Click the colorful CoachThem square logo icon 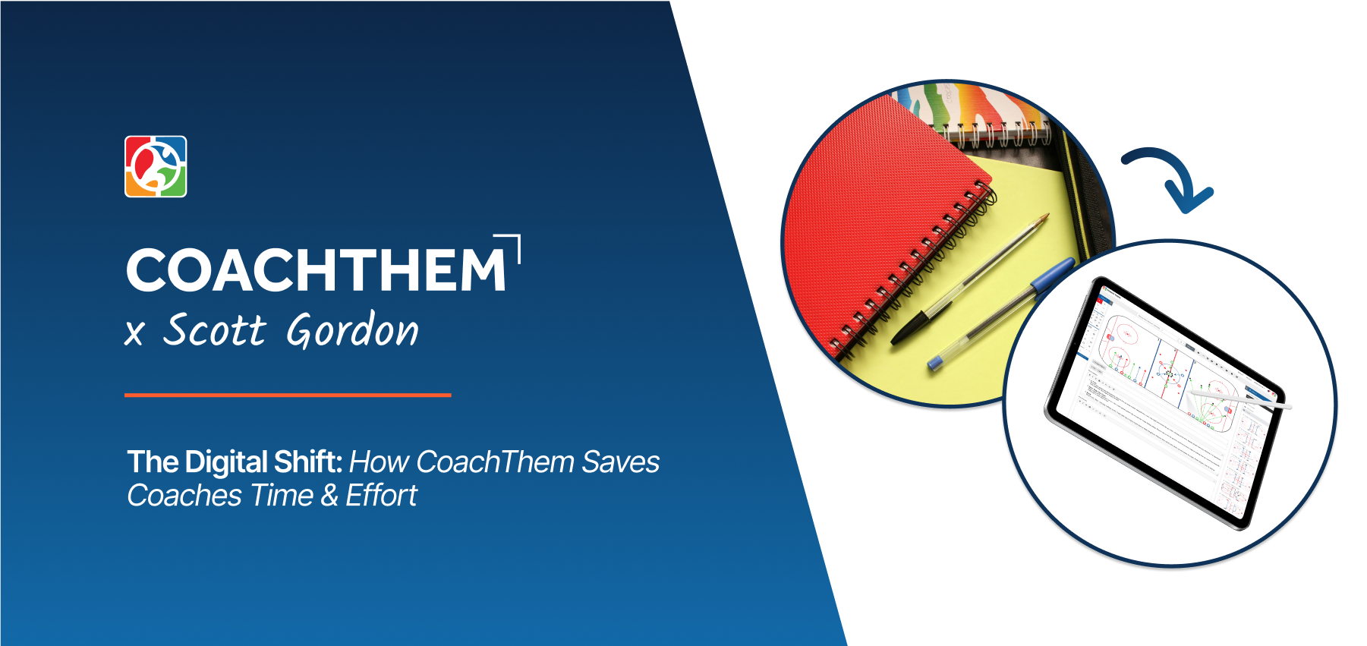tap(156, 166)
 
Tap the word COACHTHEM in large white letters tap(316, 269)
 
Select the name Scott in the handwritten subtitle tap(215, 331)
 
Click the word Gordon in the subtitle tap(352, 331)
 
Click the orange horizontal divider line tap(288, 395)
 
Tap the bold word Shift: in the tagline tap(308, 462)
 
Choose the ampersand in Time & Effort tap(329, 496)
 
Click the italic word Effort tap(381, 496)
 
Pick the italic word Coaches tap(184, 496)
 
